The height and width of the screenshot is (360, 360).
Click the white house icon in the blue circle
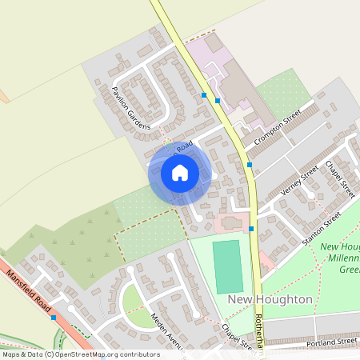point(180,172)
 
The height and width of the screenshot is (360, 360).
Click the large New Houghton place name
point(270,299)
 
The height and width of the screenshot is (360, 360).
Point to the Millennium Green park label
point(340,258)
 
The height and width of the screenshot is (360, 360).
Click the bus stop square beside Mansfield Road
point(54,318)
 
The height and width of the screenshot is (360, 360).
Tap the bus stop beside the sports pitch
point(251,229)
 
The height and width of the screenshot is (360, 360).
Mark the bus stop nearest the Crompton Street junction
point(250,165)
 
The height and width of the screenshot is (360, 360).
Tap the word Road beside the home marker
point(185,147)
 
